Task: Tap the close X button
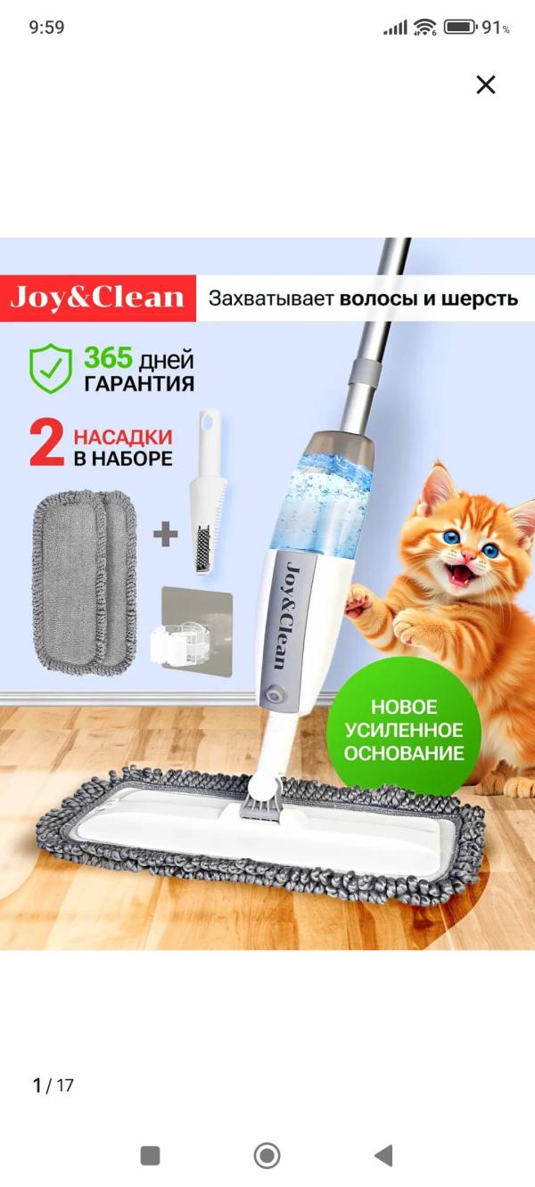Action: pos(486,85)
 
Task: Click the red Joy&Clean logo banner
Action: pos(97,298)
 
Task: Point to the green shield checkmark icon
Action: pos(50,368)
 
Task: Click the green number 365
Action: pos(108,357)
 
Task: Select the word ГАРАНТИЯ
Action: pos(139,383)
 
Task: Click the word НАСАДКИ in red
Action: pos(123,438)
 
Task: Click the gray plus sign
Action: pos(166,534)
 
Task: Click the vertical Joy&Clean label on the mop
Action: pos(287,617)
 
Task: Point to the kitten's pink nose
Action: pos(468,556)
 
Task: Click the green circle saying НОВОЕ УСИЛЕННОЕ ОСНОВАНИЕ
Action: pos(404,730)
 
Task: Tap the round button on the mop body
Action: pos(275,694)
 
